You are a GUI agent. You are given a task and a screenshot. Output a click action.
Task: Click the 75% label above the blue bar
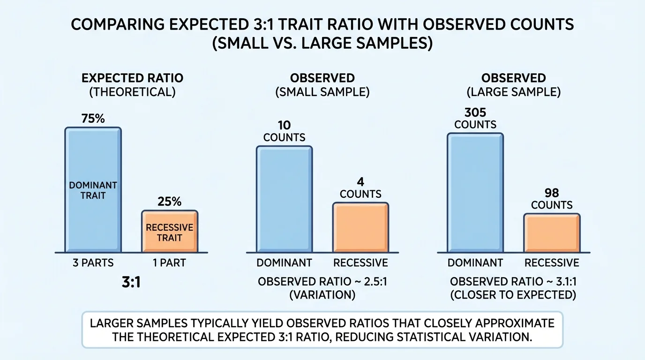point(93,119)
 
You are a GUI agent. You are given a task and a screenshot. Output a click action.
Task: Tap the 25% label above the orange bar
point(170,202)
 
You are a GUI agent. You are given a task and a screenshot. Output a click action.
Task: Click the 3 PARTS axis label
point(93,262)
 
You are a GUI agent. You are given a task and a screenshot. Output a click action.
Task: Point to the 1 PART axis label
point(170,262)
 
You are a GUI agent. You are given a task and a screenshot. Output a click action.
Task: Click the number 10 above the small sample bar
point(284,125)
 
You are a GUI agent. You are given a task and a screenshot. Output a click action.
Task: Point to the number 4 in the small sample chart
point(360,181)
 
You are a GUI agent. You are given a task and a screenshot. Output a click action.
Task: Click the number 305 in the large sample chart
point(475,113)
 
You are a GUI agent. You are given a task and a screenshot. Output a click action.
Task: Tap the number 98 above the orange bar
point(552,193)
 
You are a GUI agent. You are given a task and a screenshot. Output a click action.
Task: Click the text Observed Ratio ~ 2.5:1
point(322,283)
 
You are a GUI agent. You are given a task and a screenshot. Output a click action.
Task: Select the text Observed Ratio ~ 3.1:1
point(513,283)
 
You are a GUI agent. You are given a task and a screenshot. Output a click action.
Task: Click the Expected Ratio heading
point(133,78)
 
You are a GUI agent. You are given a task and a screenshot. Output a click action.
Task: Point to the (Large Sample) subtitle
point(513,92)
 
